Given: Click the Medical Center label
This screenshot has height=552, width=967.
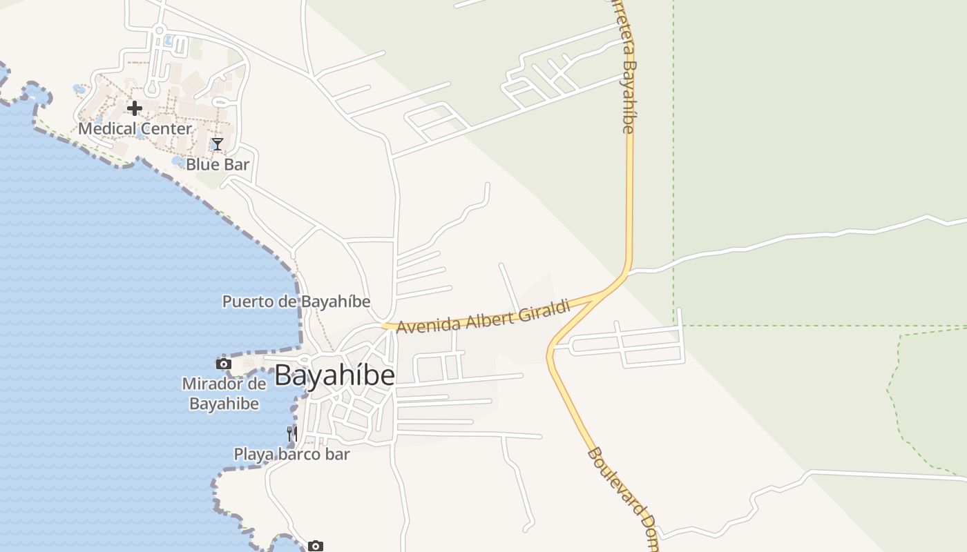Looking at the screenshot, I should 135,128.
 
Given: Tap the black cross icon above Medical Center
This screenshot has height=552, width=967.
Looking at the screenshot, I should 135,108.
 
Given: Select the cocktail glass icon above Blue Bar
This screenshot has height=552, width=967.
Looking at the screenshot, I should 218,144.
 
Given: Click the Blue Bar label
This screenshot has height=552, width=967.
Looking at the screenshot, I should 218,164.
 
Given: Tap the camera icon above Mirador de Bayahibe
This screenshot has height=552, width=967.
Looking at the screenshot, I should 223,364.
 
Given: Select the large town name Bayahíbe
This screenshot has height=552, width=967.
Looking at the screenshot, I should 335,375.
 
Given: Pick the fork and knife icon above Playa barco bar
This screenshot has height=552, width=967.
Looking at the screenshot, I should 292,434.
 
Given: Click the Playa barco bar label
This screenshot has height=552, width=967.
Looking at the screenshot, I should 291,454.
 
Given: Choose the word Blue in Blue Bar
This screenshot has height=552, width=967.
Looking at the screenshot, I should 202,164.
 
